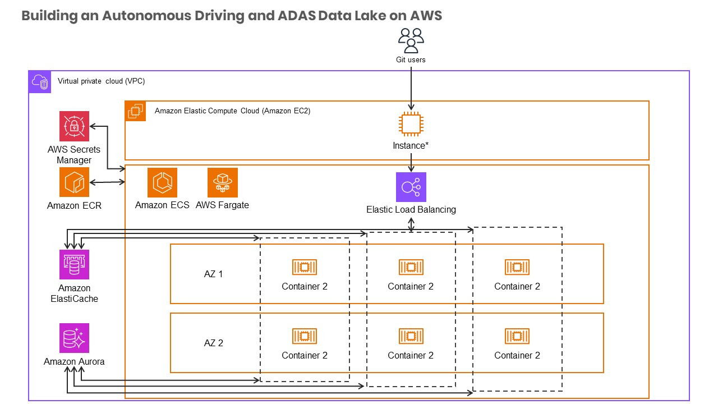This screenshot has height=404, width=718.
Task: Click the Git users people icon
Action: click(411, 40)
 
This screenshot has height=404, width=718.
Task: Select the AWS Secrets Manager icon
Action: click(74, 126)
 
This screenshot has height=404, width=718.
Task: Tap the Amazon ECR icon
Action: click(74, 182)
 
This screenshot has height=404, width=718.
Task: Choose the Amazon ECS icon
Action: click(162, 182)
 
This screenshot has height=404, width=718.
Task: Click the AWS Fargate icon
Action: click(222, 182)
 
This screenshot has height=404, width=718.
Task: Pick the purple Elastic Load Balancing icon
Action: click(411, 187)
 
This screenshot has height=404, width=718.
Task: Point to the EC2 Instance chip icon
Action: click(411, 124)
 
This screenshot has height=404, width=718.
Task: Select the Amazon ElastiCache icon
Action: click(74, 264)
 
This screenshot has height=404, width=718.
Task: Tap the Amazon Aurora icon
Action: click(74, 338)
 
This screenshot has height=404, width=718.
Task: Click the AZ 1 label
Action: click(213, 274)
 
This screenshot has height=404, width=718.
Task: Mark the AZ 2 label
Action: click(213, 343)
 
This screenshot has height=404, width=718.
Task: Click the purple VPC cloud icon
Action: click(40, 82)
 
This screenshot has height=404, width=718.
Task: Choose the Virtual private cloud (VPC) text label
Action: click(102, 81)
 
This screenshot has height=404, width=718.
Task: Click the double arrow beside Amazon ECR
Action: click(108, 182)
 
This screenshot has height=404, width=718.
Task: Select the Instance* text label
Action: click(411, 146)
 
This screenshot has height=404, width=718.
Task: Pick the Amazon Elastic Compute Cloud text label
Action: click(232, 111)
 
